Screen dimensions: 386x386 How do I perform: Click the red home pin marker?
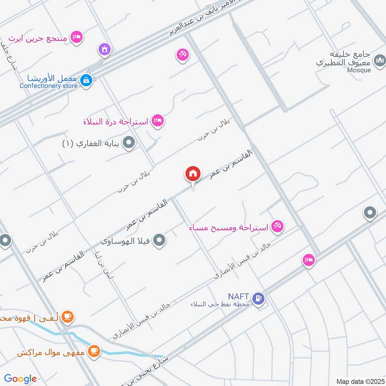point(193,174)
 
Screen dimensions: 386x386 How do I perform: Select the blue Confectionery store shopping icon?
point(86,80)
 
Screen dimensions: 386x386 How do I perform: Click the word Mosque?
point(359,70)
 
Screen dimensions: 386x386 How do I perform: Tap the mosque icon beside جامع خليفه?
point(380,60)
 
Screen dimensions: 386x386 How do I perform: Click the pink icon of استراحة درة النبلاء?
point(157,121)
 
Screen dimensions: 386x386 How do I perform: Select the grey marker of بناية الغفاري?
point(129,143)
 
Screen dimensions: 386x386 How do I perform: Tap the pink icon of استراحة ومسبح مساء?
point(277,225)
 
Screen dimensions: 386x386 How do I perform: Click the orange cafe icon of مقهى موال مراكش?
point(94,351)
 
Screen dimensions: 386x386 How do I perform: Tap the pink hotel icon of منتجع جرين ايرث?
point(76,37)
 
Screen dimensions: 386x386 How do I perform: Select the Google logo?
point(20,379)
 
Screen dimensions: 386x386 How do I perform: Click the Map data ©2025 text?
point(359,381)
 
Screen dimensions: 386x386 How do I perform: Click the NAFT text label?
point(238,296)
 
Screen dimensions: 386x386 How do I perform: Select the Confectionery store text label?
point(48,86)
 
